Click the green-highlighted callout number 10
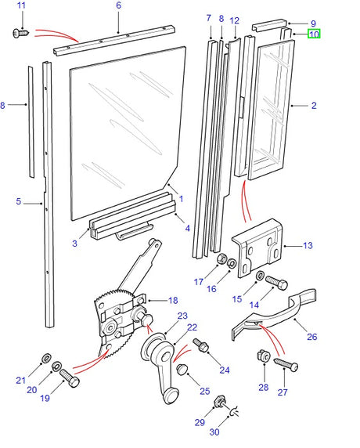pyautogui.click(x=314, y=34)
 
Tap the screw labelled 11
pyautogui.click(x=21, y=33)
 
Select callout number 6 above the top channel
pyautogui.click(x=118, y=5)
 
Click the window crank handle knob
pyautogui.click(x=171, y=396)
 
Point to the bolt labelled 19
pyautogui.click(x=70, y=378)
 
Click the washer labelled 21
pyautogui.click(x=46, y=357)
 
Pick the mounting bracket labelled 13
pyautogui.click(x=257, y=247)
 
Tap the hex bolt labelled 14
pyautogui.click(x=276, y=282)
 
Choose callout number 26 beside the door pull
pyautogui.click(x=311, y=337)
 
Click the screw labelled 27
pyautogui.click(x=286, y=364)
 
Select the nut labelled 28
pyautogui.click(x=264, y=356)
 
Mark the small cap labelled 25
pyautogui.click(x=182, y=369)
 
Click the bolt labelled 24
pyautogui.click(x=201, y=345)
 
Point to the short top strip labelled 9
pyautogui.click(x=269, y=25)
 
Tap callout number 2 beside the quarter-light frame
pyautogui.click(x=314, y=106)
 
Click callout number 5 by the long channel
pyautogui.click(x=18, y=201)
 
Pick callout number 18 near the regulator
pyautogui.click(x=173, y=300)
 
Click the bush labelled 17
pyautogui.click(x=221, y=258)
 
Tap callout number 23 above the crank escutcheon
pyautogui.click(x=182, y=316)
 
